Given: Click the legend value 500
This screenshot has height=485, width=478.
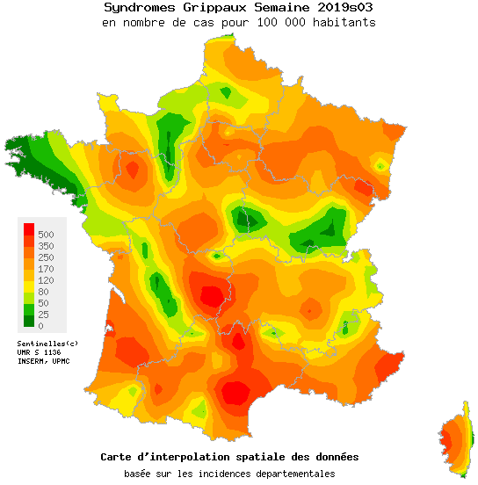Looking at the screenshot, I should click(x=47, y=234).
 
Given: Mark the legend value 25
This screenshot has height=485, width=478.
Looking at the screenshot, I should click(x=44, y=314).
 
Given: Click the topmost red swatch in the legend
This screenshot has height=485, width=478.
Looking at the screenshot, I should click(x=28, y=229).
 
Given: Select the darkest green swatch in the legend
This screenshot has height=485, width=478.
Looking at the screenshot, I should click(x=28, y=320).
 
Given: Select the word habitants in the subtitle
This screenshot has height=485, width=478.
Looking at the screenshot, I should click(x=344, y=22).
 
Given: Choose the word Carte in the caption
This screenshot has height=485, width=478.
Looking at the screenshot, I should click(x=118, y=457).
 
